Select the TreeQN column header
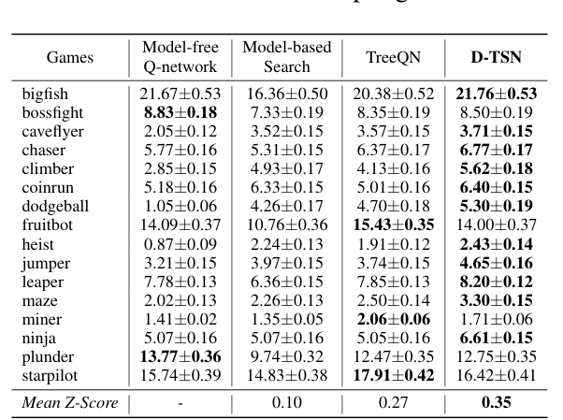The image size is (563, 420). (x=393, y=57)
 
